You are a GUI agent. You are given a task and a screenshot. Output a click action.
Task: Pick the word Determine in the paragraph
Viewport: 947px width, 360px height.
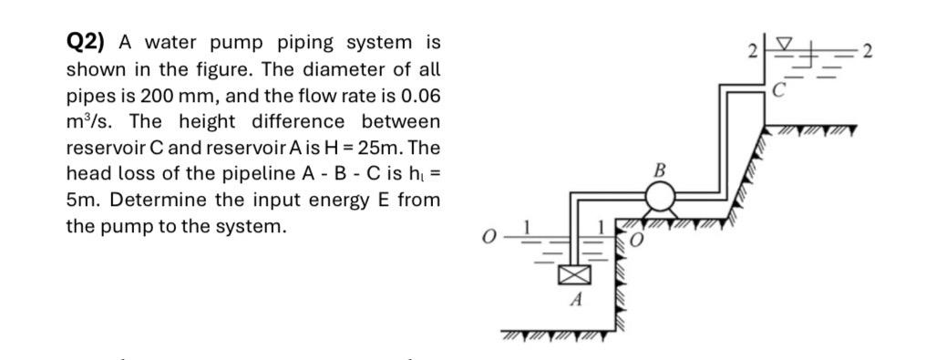(147, 200)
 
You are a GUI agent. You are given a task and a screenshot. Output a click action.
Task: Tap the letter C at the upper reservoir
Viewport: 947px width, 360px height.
(777, 89)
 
